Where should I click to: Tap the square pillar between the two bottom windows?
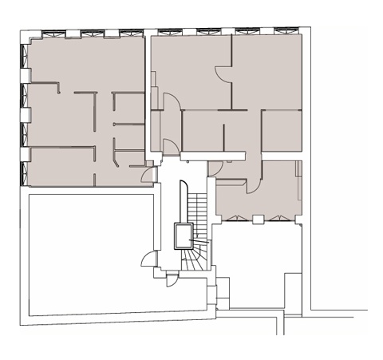(257, 216)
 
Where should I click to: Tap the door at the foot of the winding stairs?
(171, 279)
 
